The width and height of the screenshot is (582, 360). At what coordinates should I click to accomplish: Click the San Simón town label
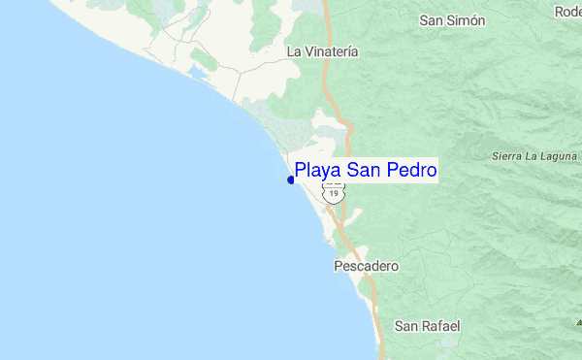click(452, 19)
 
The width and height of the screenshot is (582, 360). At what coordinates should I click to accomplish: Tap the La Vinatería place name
click(323, 51)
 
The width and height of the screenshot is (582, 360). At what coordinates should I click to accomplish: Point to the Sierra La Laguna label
click(535, 155)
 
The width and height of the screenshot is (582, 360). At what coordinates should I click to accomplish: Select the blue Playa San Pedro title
click(365, 171)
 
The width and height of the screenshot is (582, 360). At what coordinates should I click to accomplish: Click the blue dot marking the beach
click(291, 180)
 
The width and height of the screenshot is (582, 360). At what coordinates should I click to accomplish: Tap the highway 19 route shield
click(334, 192)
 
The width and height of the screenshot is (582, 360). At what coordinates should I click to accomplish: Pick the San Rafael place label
click(427, 326)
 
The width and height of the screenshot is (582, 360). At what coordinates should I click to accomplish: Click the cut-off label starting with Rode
click(567, 12)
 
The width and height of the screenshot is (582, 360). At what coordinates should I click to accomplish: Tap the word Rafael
click(439, 326)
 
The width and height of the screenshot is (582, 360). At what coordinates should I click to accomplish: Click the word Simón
click(466, 19)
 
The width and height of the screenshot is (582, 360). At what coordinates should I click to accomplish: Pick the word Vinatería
click(332, 51)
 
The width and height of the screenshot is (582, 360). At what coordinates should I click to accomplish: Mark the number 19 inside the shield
click(334, 194)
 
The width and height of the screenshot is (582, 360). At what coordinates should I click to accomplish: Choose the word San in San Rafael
click(405, 326)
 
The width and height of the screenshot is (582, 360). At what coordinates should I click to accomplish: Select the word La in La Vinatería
click(294, 51)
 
